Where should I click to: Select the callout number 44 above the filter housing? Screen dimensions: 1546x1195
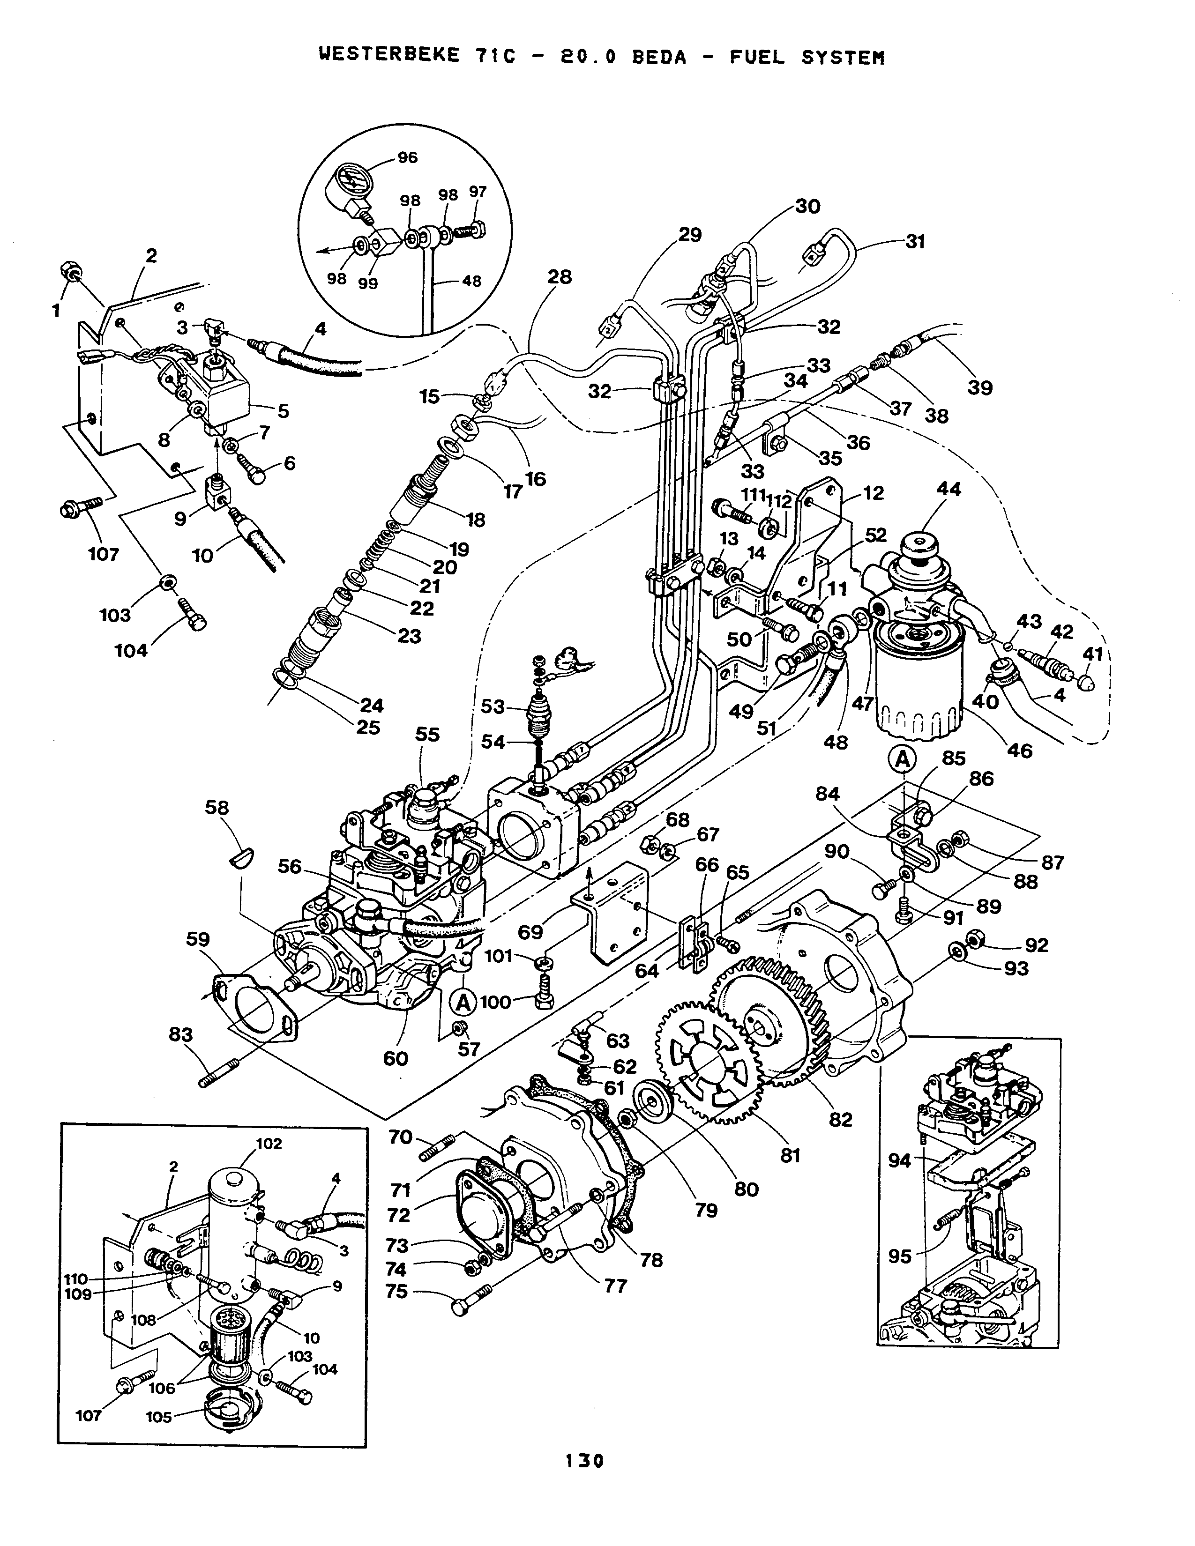point(949,489)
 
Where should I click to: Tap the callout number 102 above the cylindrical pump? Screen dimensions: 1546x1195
point(269,1143)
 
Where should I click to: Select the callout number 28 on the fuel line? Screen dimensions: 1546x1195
point(559,277)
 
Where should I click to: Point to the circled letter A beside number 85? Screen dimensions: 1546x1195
point(903,759)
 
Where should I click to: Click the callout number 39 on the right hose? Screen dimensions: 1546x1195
point(980,387)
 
